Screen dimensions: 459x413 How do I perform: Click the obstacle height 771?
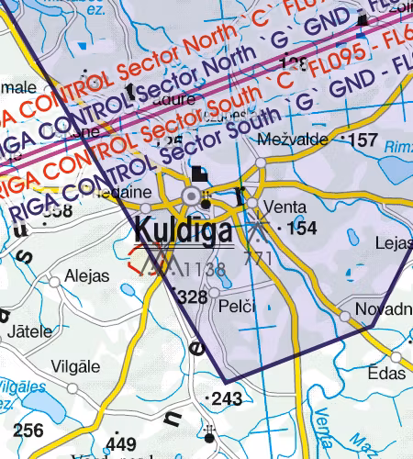[260, 259]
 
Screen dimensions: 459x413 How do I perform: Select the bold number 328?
[191, 297]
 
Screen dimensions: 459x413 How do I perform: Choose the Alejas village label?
[87, 276]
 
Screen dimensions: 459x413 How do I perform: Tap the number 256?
[28, 431]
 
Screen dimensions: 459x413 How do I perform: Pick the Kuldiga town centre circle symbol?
[193, 196]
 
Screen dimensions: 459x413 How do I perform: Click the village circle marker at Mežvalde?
[261, 162]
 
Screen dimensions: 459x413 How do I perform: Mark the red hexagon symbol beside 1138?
[142, 258]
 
